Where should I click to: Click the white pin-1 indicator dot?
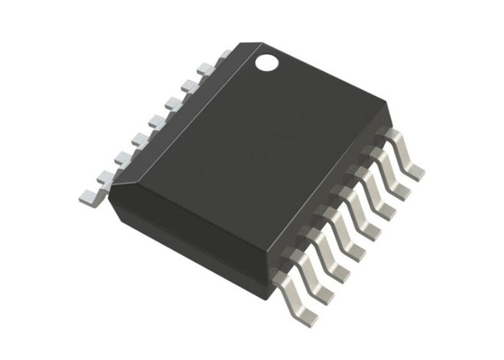[267, 63]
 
